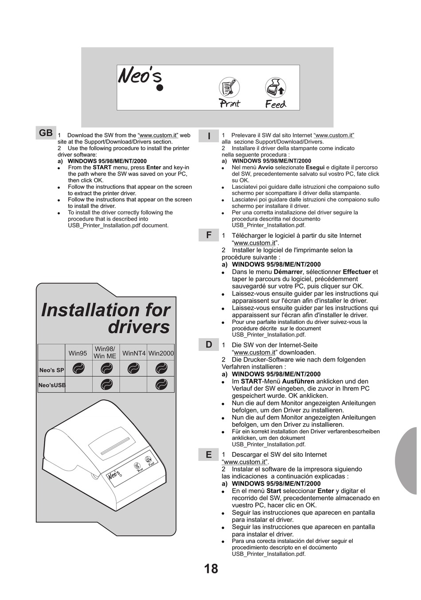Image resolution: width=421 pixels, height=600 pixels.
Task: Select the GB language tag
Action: [x=46, y=133]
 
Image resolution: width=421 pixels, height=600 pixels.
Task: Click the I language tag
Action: [x=209, y=136]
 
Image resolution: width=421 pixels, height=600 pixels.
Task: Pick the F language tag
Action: [x=209, y=235]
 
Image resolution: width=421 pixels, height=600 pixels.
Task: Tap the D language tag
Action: [x=209, y=345]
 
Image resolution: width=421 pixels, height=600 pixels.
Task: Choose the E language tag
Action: [x=209, y=455]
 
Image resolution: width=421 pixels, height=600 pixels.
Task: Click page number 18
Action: [x=211, y=569]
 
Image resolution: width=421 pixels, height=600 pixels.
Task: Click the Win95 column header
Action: [x=78, y=353]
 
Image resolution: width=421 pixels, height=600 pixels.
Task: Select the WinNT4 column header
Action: [x=134, y=353]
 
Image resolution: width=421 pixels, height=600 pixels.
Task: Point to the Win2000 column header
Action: [x=161, y=353]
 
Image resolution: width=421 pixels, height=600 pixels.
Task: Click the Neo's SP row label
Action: [x=51, y=370]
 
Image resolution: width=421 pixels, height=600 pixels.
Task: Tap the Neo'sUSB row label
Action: [x=52, y=385]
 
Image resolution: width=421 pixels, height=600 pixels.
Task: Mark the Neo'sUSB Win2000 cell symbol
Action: [x=161, y=385]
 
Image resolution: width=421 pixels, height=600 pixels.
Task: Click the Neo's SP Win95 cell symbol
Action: [x=78, y=368]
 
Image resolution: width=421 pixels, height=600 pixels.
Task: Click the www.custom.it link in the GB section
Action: [x=158, y=136]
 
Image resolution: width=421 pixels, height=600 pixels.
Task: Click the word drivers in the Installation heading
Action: [x=139, y=327]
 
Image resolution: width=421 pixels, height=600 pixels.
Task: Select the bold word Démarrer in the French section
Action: [x=288, y=272]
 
